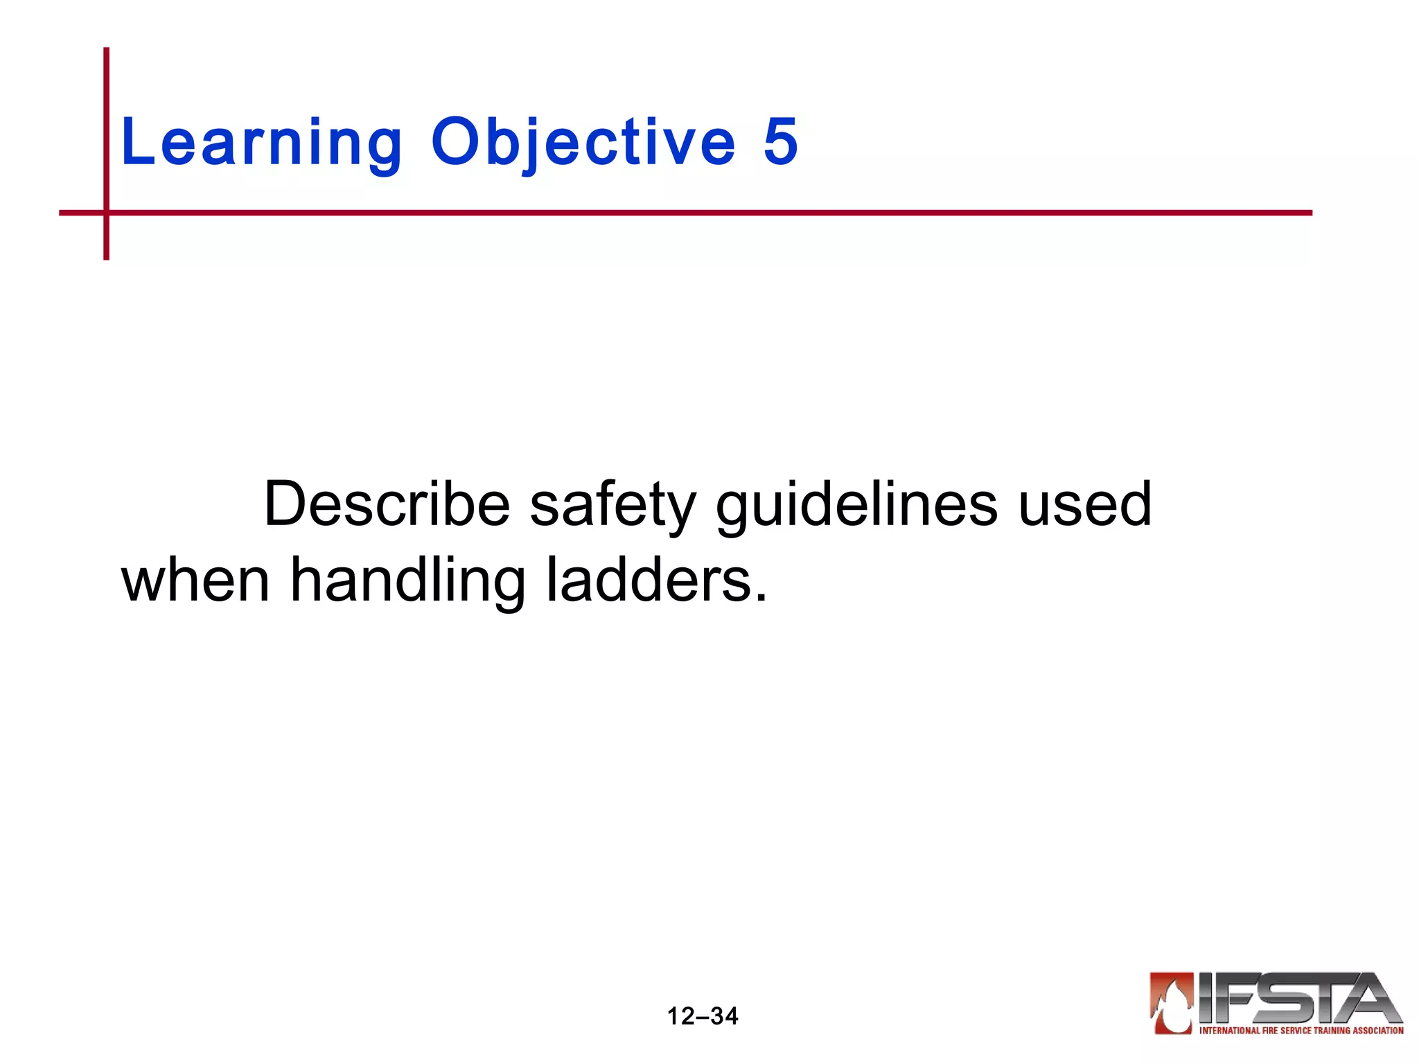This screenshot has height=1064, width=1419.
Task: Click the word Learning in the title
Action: point(261,143)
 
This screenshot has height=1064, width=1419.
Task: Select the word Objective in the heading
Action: point(583,143)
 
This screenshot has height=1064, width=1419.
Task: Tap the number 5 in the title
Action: point(781,141)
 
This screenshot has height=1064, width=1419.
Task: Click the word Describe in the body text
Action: point(387,504)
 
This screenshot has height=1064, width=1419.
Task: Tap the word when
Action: point(195,580)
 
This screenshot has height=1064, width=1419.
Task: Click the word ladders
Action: point(651,580)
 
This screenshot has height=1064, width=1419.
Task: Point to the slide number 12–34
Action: point(703,1016)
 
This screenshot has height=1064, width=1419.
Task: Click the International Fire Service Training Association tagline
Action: point(1301,1031)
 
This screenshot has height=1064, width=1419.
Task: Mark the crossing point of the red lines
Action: point(107,213)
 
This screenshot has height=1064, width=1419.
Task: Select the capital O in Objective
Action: point(454,141)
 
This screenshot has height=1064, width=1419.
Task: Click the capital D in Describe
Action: point(285,504)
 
